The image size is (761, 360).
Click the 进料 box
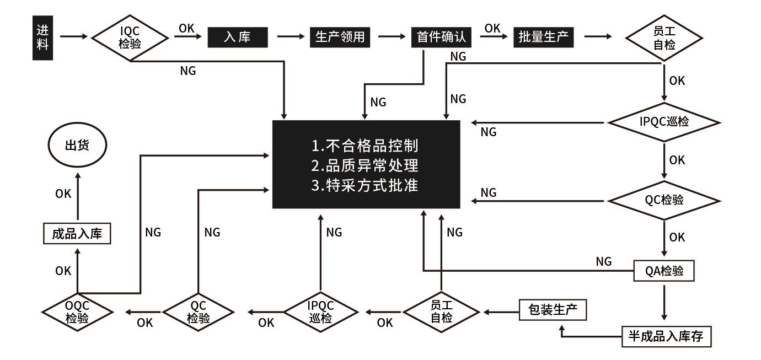[42, 37]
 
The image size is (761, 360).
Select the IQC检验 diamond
[130, 37]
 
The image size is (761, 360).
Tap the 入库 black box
[237, 37]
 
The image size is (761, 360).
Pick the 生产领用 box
[340, 37]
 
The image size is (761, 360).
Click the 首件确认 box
[441, 37]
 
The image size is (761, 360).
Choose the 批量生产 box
[543, 37]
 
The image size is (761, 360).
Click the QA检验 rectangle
[664, 271]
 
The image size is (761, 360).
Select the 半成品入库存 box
[666, 336]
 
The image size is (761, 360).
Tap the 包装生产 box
[553, 310]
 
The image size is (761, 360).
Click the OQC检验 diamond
[77, 312]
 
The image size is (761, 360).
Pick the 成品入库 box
[77, 234]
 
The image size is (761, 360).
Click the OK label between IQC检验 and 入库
[186, 28]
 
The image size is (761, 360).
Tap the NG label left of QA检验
[604, 261]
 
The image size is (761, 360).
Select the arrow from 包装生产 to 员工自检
[501, 313]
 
